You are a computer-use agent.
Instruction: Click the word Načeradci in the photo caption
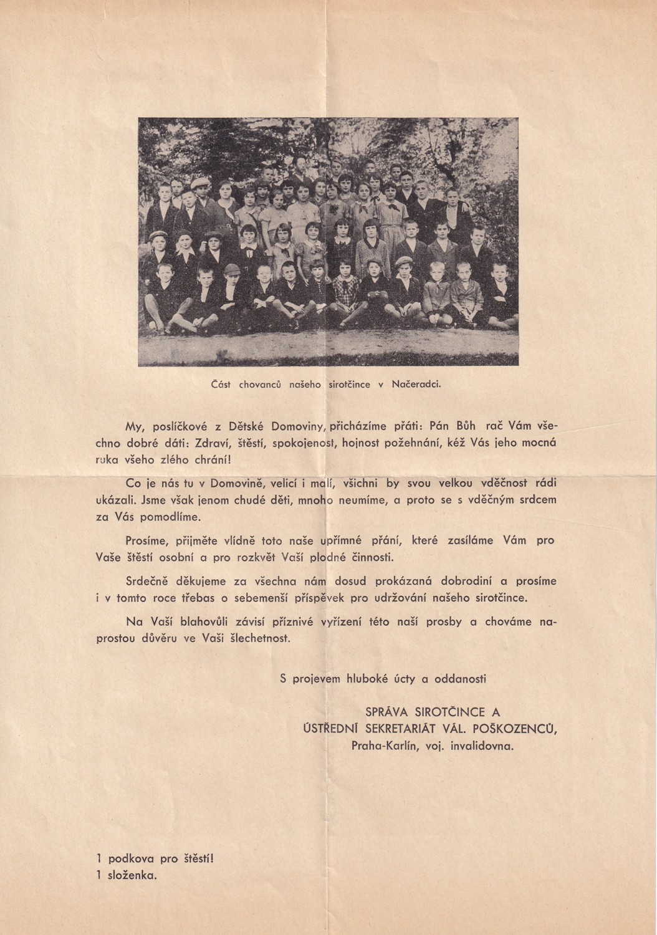tap(416, 385)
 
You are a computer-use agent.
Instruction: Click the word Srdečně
tap(149, 582)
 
